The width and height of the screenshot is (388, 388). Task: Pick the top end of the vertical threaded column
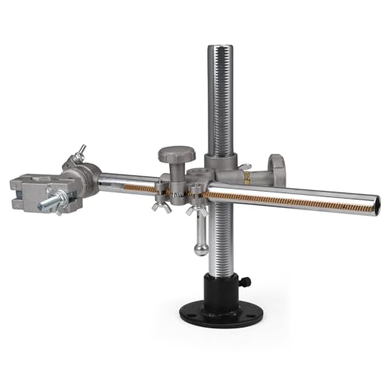(x=223, y=48)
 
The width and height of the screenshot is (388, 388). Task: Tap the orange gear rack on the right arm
(x=295, y=201)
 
